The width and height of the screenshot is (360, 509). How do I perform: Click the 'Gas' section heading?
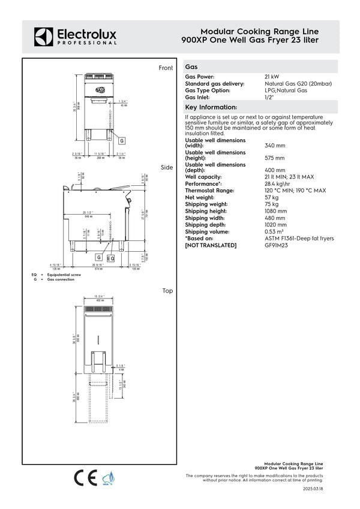(192, 67)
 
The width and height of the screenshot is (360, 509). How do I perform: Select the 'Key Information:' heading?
(211, 106)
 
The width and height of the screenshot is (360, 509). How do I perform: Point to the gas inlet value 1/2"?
(269, 97)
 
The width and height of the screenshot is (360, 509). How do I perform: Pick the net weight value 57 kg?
(271, 197)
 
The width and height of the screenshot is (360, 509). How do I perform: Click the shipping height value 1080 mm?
(275, 211)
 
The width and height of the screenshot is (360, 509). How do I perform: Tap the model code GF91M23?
(277, 245)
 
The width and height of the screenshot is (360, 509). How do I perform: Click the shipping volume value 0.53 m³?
(275, 231)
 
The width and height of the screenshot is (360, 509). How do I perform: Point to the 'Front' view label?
(166, 68)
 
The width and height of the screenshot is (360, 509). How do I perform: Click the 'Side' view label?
(167, 168)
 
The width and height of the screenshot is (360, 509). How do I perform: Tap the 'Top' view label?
(167, 291)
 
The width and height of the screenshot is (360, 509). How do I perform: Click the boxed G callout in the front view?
(122, 140)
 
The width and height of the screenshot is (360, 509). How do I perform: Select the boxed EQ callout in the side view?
(110, 258)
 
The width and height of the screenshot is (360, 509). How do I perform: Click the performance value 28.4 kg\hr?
(278, 184)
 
